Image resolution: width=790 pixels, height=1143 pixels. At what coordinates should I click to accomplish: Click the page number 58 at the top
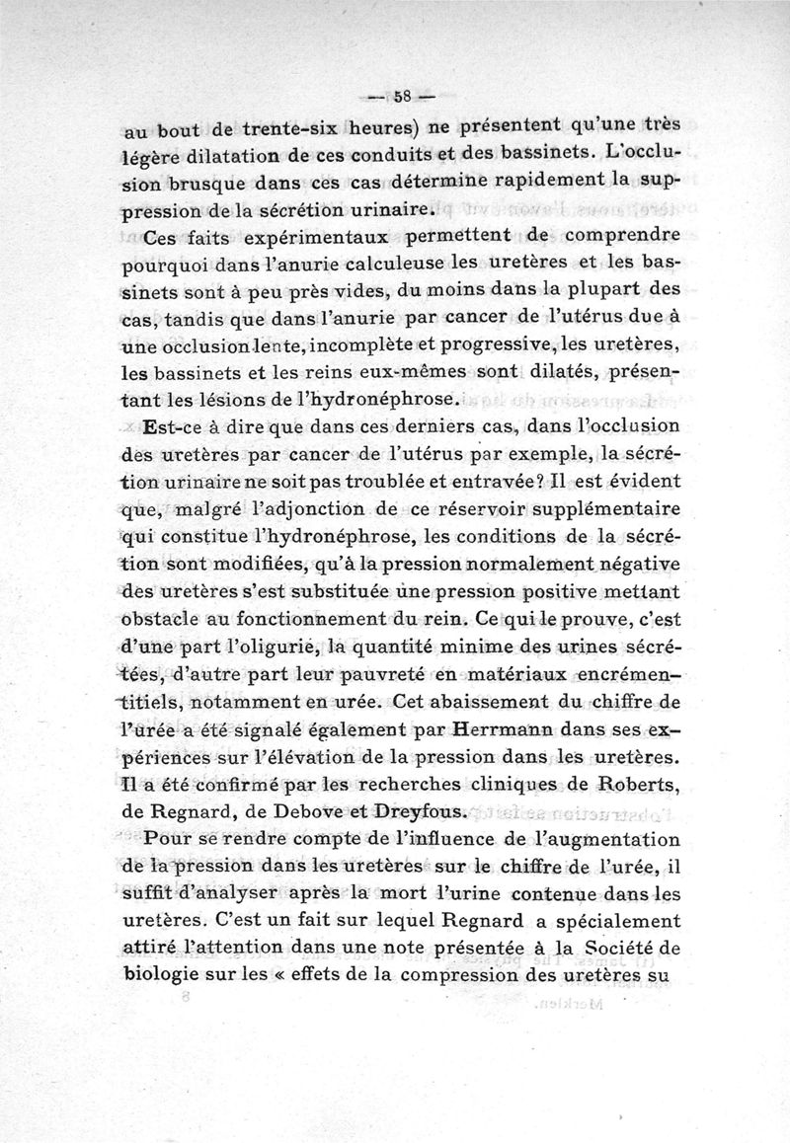tap(401, 97)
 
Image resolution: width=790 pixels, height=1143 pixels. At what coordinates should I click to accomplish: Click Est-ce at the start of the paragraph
tap(171, 427)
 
